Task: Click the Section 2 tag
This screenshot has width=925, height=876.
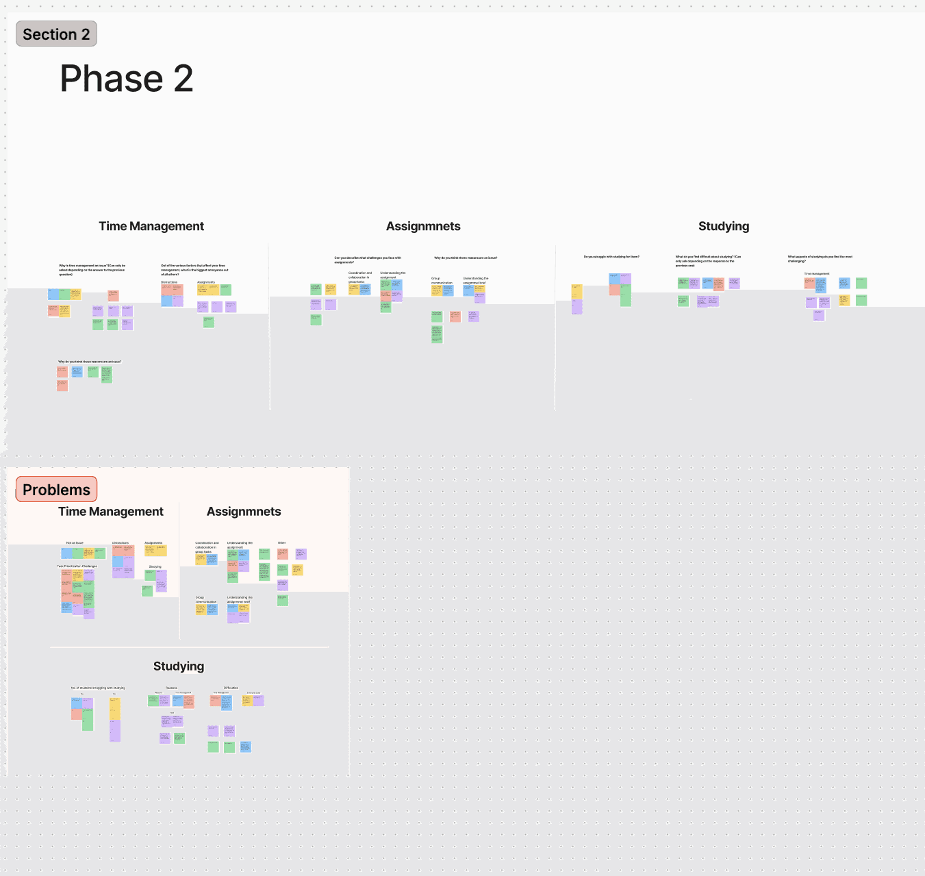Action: [56, 34]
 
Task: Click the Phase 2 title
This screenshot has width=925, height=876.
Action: [127, 79]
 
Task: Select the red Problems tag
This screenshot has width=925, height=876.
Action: [56, 490]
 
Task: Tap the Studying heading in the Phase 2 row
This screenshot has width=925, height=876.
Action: [724, 227]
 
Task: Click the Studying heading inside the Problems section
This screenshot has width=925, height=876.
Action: [179, 666]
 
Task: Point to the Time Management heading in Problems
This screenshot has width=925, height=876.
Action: [111, 512]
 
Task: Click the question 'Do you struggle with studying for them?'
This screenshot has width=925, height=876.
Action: [611, 257]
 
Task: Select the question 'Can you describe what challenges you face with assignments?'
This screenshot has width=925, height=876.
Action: [368, 260]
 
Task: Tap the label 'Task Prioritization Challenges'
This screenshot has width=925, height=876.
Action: [77, 566]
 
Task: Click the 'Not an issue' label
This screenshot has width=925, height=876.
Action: [75, 543]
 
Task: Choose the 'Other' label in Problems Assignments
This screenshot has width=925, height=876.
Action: [281, 543]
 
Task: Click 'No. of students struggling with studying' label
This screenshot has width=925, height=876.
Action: [98, 688]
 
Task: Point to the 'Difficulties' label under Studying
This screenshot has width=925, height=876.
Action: [231, 688]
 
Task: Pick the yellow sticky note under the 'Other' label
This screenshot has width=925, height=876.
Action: [297, 570]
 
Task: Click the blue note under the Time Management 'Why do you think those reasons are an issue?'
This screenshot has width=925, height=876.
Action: [77, 371]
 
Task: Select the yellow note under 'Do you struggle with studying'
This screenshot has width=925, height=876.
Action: [577, 292]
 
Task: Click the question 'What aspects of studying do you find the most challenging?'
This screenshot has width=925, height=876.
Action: [820, 259]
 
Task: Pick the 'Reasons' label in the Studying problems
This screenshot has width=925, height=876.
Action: [171, 688]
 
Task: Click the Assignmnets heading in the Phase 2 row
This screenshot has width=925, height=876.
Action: [423, 227]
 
